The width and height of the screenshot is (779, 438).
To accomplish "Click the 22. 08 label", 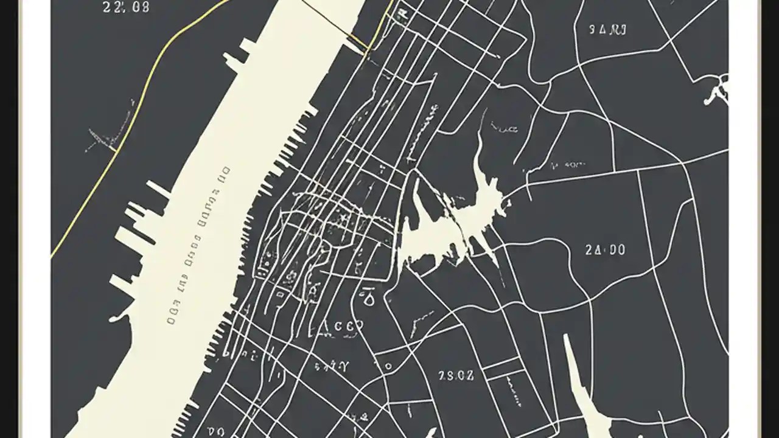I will (x=127, y=7).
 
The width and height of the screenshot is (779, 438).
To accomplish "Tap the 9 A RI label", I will (x=609, y=29).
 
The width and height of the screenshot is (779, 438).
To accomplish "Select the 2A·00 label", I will (x=605, y=250).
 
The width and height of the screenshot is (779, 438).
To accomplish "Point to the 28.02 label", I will (x=456, y=375).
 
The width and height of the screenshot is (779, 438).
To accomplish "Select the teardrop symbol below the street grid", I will (x=368, y=297).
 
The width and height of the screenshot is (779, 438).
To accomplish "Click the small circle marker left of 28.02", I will (x=388, y=367).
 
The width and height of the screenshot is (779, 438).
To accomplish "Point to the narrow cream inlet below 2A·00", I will (x=581, y=389).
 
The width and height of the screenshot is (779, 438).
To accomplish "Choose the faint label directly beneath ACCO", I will (x=332, y=366).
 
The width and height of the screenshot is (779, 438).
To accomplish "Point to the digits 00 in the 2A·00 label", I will (x=615, y=250).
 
